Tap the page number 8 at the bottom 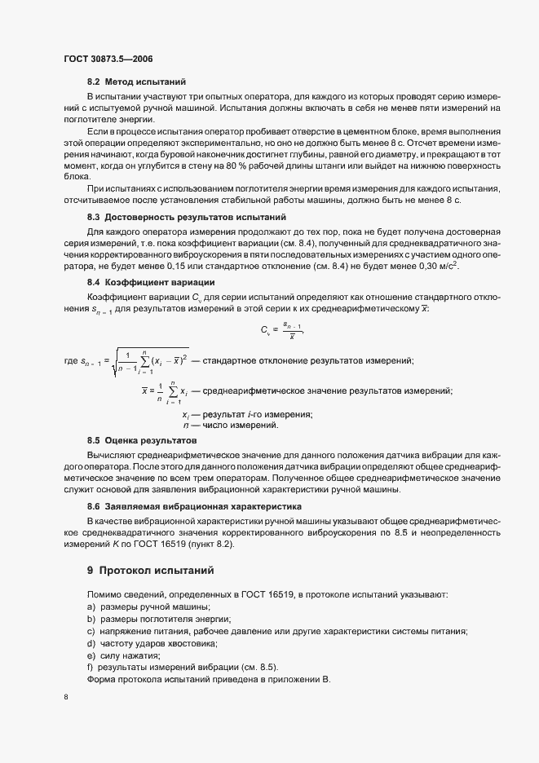tap(64, 697)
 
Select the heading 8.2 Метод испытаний tap(136, 82)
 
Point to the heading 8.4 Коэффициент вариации tap(150, 281)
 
